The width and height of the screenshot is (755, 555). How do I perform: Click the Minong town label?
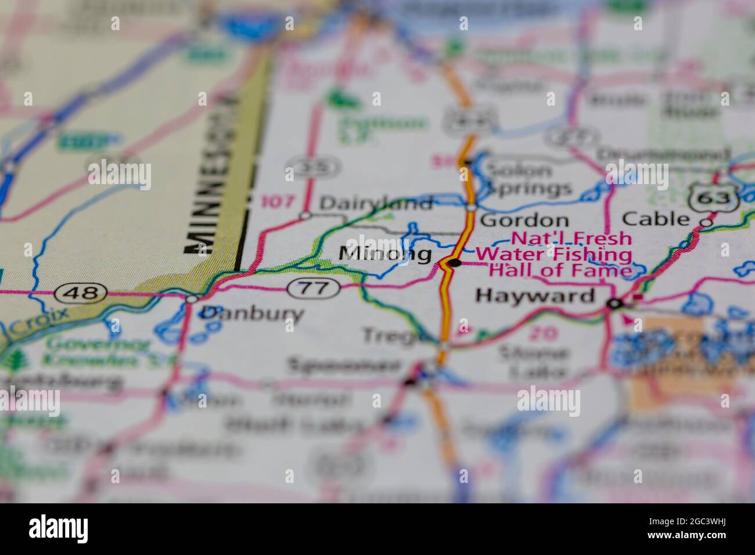(385, 254)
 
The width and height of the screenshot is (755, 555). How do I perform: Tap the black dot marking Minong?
(455, 263)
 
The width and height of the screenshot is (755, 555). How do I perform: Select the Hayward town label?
(535, 296)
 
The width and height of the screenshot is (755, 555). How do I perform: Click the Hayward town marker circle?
(614, 304)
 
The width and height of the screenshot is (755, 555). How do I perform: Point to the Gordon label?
(524, 221)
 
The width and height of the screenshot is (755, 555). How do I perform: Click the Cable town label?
(655, 219)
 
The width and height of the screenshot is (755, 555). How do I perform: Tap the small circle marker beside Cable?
(706, 222)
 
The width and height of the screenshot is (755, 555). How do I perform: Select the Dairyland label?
(376, 203)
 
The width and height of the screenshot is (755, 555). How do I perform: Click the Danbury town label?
(251, 313)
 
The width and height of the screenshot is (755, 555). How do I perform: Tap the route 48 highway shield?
(81, 292)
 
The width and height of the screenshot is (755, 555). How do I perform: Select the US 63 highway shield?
(713, 198)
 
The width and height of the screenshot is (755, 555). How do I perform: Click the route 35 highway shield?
(313, 168)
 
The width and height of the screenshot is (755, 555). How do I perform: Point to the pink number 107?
(278, 202)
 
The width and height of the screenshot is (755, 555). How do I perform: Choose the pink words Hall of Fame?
(561, 271)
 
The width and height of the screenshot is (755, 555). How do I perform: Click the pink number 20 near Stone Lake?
(543, 333)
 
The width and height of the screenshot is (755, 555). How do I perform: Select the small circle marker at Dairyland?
(305, 216)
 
